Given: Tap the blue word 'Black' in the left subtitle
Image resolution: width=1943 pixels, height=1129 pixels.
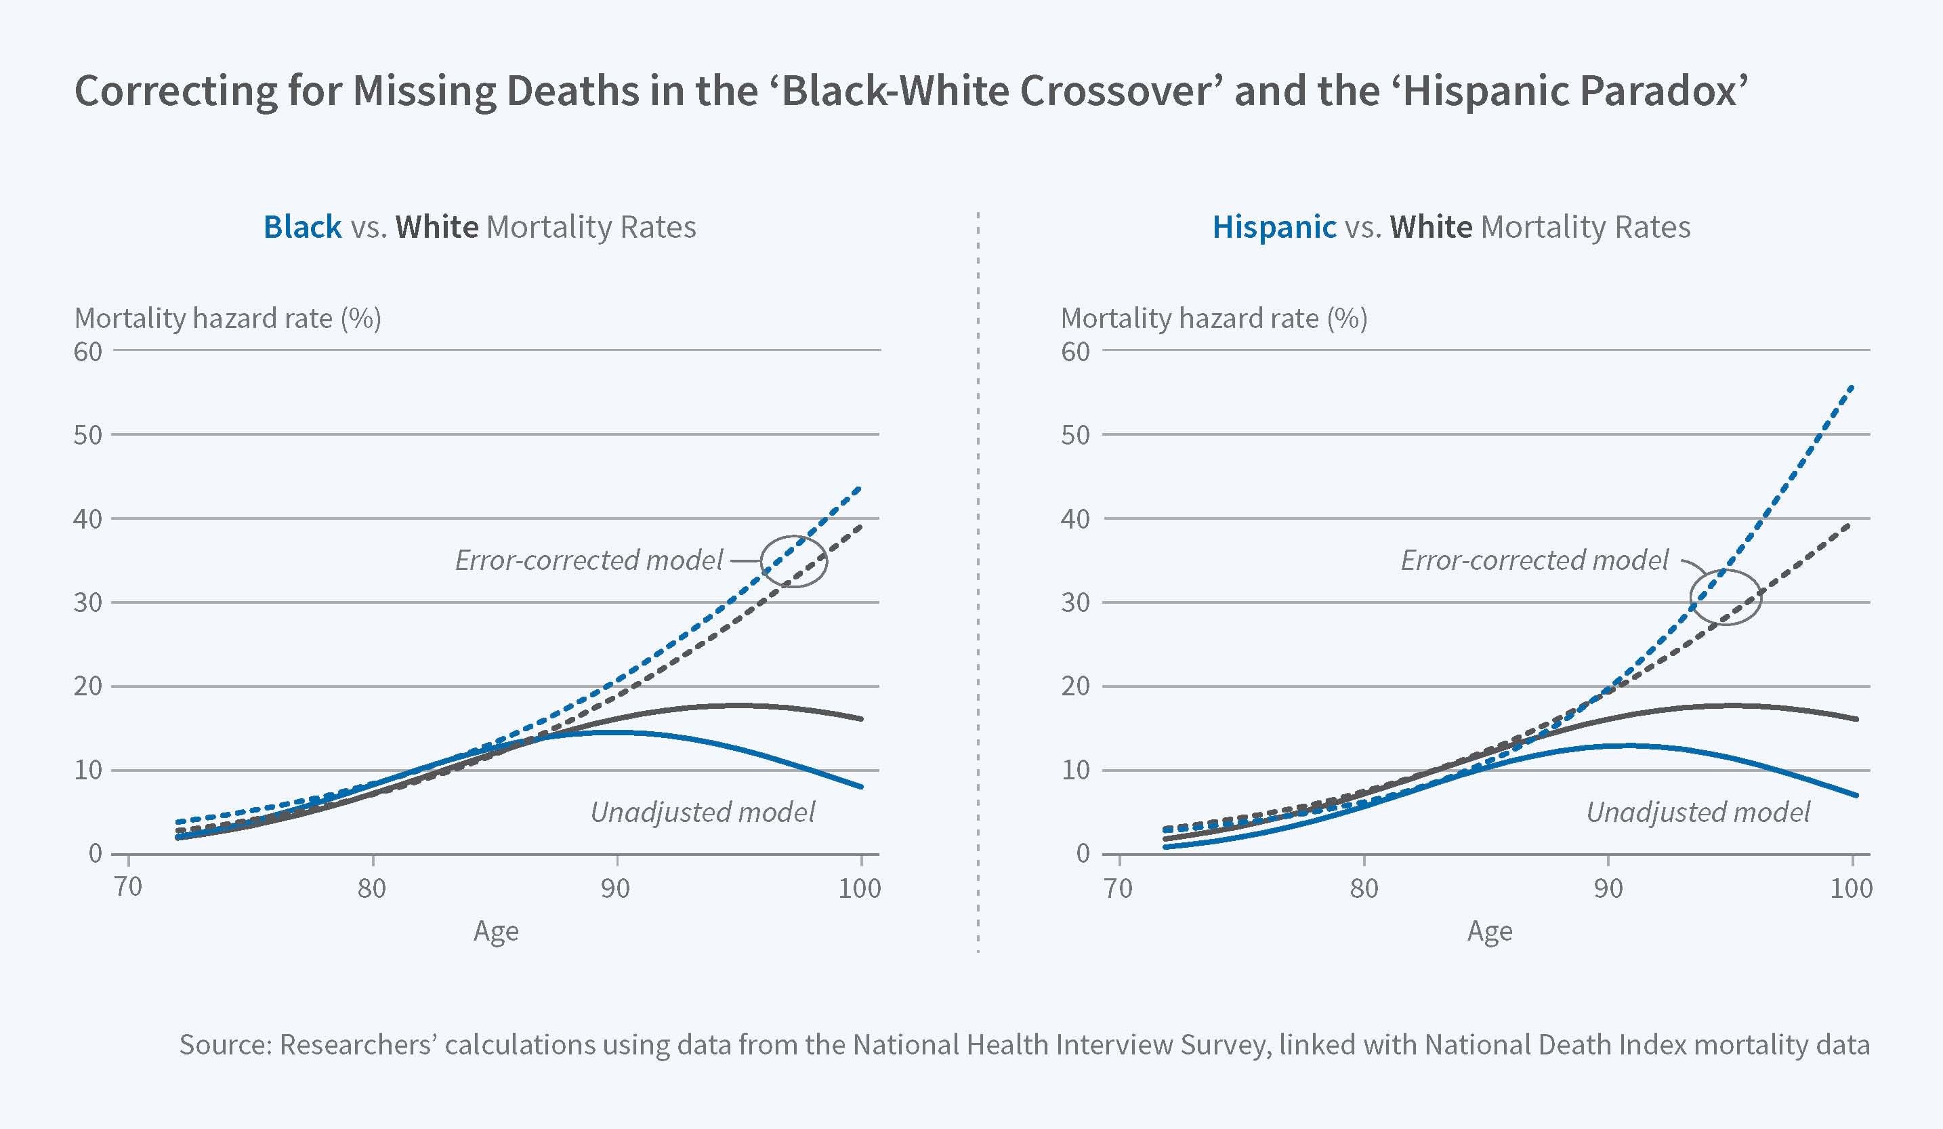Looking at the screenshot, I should pyautogui.click(x=302, y=227).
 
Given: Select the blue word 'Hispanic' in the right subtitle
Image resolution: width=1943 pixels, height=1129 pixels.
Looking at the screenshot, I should pyautogui.click(x=1274, y=227).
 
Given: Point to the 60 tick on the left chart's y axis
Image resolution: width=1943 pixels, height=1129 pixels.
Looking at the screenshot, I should pyautogui.click(x=88, y=352).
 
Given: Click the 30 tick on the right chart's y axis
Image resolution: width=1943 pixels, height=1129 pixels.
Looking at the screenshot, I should pyautogui.click(x=1076, y=602).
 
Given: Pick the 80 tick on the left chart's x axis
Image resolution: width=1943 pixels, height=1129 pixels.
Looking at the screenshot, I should pyautogui.click(x=372, y=888).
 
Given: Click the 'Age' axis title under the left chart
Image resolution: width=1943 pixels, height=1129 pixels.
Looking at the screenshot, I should pyautogui.click(x=496, y=932).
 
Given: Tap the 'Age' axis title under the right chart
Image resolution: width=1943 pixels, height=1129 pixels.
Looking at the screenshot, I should pyautogui.click(x=1490, y=932).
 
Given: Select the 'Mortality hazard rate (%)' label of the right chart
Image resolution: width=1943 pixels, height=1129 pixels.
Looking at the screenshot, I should pyautogui.click(x=1213, y=318).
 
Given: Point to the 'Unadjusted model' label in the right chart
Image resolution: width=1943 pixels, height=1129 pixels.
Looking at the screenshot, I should pyautogui.click(x=1698, y=812).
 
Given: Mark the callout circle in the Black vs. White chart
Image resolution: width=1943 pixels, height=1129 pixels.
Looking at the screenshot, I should pyautogui.click(x=794, y=561).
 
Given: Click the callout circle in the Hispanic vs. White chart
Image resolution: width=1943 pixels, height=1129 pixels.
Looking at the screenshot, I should pyautogui.click(x=1726, y=597).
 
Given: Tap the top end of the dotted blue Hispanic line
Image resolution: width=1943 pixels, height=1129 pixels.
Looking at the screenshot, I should pyautogui.click(x=1852, y=386).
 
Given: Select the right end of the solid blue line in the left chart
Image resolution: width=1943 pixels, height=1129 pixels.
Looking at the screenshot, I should pyautogui.click(x=861, y=787).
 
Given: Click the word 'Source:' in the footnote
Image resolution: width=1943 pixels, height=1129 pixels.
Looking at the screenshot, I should pyautogui.click(x=225, y=1044).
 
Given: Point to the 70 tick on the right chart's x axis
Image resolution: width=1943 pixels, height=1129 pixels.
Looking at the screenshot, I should pyautogui.click(x=1118, y=888).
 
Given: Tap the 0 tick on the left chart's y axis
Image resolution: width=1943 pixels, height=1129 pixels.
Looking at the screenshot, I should pyautogui.click(x=95, y=853).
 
